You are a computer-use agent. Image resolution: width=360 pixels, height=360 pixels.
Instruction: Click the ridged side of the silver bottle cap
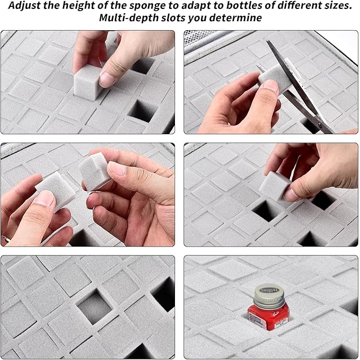point(269,300)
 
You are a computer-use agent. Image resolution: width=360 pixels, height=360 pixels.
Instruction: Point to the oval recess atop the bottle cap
point(269,289)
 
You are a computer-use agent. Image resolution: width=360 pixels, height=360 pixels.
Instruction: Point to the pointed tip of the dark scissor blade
point(267,41)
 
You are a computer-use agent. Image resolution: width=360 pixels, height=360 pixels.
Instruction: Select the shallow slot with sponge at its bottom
point(94,307)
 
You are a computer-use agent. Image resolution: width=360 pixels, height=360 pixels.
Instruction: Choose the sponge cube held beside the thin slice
point(94,171)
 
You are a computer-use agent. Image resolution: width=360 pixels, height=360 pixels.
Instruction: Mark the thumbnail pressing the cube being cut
point(270,85)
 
